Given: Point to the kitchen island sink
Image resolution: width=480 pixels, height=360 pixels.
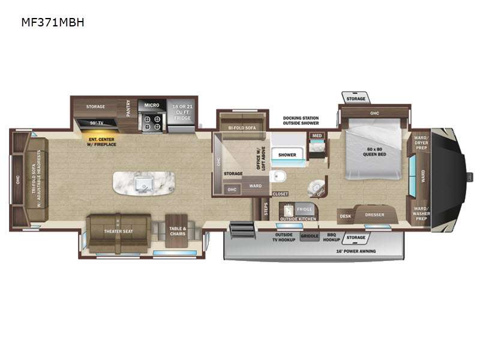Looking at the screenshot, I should (x=143, y=183).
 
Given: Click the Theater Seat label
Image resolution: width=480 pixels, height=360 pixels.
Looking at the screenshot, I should (x=118, y=231).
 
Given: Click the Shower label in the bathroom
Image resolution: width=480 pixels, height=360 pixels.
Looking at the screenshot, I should (x=287, y=155).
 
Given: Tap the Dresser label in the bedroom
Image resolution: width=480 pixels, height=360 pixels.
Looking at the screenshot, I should (x=374, y=214).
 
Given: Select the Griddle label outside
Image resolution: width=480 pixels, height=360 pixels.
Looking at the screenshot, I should (x=310, y=236).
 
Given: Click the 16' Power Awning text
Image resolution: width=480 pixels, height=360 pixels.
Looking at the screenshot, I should (x=357, y=251).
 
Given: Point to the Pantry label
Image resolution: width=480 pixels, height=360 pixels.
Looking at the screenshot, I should (x=128, y=109).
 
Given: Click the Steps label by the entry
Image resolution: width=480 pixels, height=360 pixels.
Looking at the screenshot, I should (x=265, y=209).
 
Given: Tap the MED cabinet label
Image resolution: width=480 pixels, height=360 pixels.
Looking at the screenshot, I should (x=316, y=136).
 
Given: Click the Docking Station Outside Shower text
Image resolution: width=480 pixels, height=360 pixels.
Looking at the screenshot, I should (x=301, y=121).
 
